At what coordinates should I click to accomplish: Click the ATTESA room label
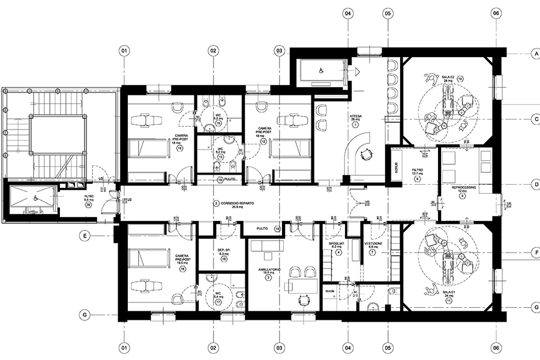point(355,115)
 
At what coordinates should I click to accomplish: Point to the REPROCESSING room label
point(464,187)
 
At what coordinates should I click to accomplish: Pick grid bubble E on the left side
point(86,236)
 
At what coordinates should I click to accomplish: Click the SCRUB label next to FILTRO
point(395,170)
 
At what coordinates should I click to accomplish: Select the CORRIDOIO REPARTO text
point(238,203)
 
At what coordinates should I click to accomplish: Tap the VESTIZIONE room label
point(373,247)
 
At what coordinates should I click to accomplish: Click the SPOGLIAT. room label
point(339,247)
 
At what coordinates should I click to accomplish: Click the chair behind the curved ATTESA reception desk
point(364,154)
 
